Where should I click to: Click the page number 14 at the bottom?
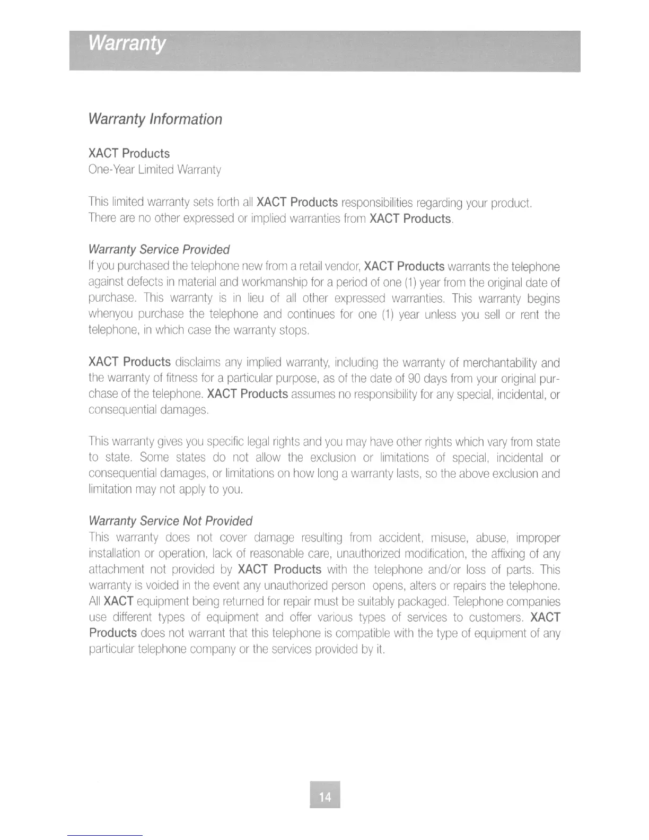[x=325, y=797]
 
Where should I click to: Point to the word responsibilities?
[x=378, y=203]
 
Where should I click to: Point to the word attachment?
[x=116, y=570]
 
